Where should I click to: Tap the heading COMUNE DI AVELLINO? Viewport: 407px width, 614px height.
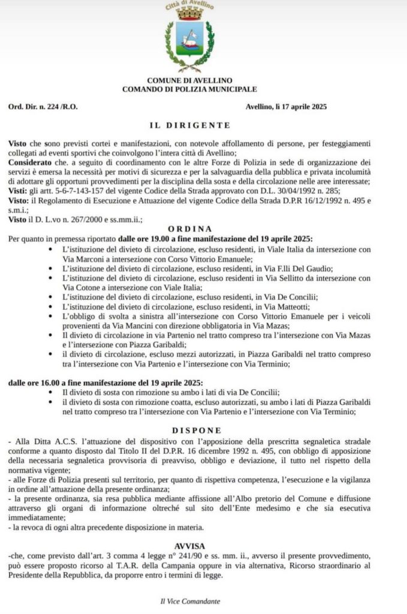(x=189, y=80)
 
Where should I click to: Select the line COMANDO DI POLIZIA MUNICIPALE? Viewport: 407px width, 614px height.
(x=189, y=89)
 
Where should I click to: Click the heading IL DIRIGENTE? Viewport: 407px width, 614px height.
(x=189, y=125)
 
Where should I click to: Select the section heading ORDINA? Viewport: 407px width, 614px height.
(x=189, y=228)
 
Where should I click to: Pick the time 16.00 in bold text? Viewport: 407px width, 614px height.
(x=44, y=383)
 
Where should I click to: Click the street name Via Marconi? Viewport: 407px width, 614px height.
(x=81, y=258)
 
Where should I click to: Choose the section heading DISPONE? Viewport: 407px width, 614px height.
(x=189, y=431)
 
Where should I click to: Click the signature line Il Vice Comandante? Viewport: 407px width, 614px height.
(x=189, y=601)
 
